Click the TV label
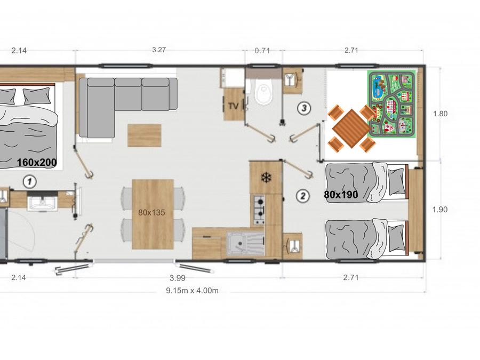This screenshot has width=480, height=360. click(234, 106)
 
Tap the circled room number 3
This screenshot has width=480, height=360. click(304, 108)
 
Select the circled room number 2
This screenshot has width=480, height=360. click(303, 196)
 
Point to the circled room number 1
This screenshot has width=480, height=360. click(30, 181)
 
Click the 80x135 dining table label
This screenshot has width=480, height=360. click(151, 212)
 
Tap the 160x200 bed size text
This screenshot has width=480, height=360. click(37, 163)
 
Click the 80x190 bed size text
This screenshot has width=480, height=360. click(341, 194)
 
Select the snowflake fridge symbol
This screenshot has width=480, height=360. click(266, 178)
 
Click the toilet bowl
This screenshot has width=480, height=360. click(263, 93)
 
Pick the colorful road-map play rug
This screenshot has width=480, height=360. click(392, 104)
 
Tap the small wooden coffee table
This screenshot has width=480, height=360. click(145, 135)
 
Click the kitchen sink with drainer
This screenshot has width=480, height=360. click(245, 243)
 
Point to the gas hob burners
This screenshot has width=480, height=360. click(259, 210)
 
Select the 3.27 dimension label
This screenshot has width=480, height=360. click(159, 50)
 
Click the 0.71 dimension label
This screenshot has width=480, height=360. click(262, 51)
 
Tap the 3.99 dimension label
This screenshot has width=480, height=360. click(178, 278)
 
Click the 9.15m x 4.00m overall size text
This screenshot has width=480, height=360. click(192, 291)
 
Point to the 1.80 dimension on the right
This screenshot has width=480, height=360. click(440, 114)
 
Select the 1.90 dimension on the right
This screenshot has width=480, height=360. click(440, 210)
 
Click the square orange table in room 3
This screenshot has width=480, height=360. click(351, 129)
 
